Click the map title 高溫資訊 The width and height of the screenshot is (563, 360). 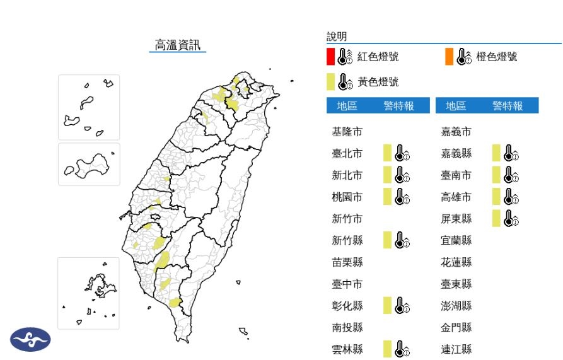tap(177, 45)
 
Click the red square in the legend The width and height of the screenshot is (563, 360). tap(330, 57)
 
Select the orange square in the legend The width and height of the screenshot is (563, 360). tap(448, 57)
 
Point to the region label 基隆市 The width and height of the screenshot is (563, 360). tap(347, 132)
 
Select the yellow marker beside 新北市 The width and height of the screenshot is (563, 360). tap(387, 175)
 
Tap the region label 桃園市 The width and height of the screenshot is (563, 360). tap(347, 197)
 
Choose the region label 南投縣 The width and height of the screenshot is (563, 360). tap(347, 327)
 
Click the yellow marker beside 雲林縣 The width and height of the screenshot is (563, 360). tap(387, 349)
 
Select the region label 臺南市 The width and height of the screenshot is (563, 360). tap(456, 175)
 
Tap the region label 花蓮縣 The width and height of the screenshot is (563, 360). tap(456, 262)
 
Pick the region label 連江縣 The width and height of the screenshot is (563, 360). tap(456, 349)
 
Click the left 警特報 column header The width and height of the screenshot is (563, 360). tap(398, 106)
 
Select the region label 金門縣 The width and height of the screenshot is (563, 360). tap(456, 327)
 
